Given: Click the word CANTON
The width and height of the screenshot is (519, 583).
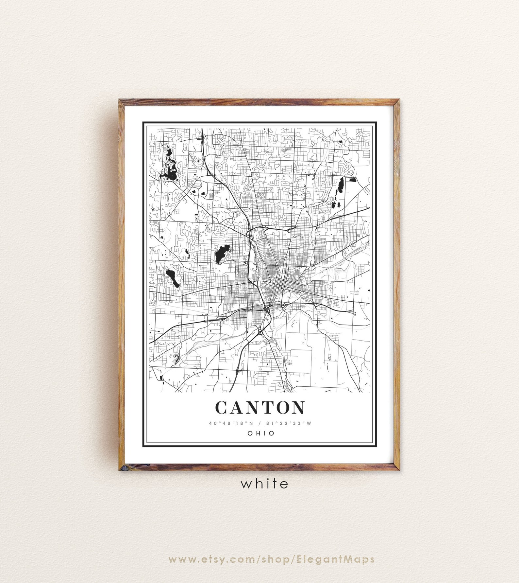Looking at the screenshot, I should [x=259, y=408].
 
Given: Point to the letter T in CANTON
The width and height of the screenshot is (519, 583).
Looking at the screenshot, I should [x=265, y=408].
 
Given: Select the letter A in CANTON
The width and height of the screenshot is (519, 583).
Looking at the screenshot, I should [x=236, y=408].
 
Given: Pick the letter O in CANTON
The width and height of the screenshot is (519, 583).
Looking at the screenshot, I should [x=280, y=408].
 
